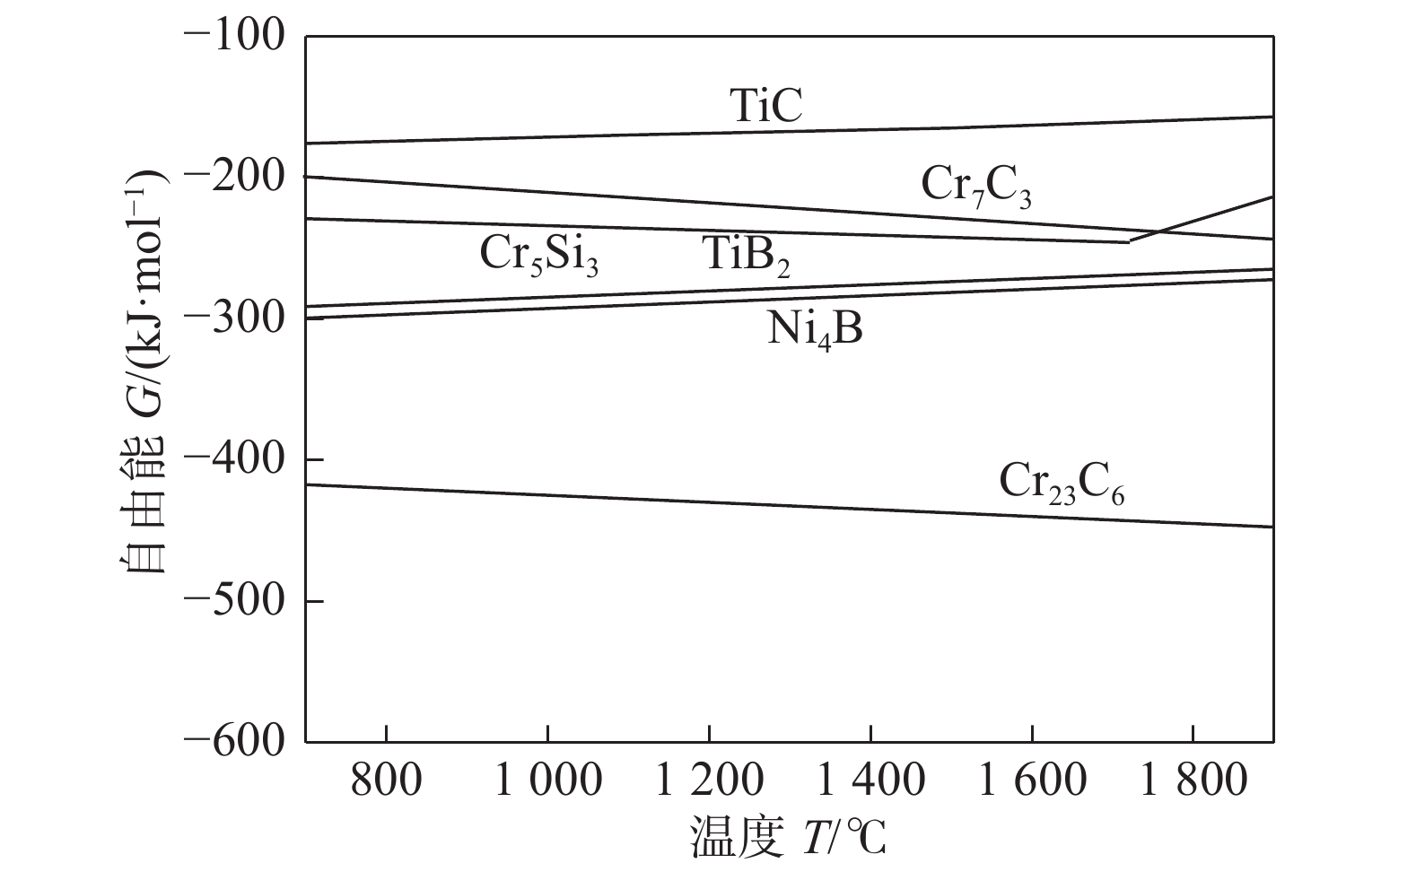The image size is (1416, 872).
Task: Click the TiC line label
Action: pyautogui.click(x=765, y=105)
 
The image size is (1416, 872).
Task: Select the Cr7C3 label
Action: pyautogui.click(x=976, y=187)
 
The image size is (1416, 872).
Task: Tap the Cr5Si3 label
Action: pyautogui.click(x=538, y=255)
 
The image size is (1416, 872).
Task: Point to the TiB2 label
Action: pyautogui.click(x=746, y=255)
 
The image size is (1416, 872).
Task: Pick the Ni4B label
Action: pyautogui.click(x=815, y=330)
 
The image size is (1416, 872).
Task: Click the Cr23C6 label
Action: pyautogui.click(x=1062, y=483)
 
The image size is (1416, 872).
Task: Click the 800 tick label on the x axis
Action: pyautogui.click(x=386, y=781)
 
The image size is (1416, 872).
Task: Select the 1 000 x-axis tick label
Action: pyautogui.click(x=547, y=781)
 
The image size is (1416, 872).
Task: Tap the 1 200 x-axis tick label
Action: pyautogui.click(x=709, y=781)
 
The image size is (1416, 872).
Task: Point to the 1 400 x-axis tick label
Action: pyautogui.click(x=870, y=781)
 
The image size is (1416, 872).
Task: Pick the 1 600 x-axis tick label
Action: pyautogui.click(x=1032, y=781)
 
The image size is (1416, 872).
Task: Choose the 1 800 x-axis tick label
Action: pyautogui.click(x=1193, y=781)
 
